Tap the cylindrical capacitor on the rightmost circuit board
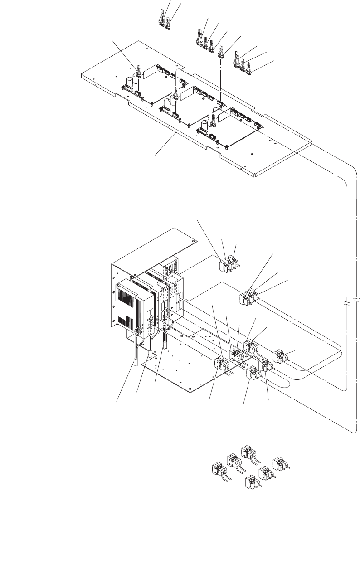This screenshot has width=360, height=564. click(x=211, y=122)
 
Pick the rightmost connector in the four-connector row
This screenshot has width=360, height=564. click(x=221, y=54)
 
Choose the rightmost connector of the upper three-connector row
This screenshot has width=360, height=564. click(x=248, y=69)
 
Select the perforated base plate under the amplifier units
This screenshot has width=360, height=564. click(x=181, y=363)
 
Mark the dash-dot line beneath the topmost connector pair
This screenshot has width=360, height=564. click(x=168, y=50)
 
